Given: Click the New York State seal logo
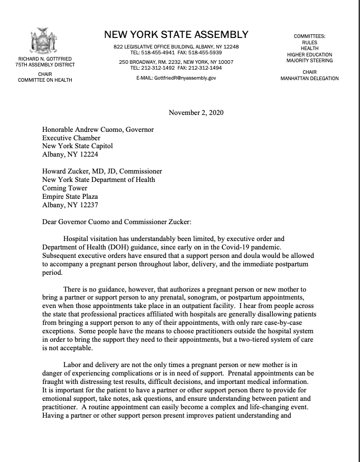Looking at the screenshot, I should [x=45, y=41].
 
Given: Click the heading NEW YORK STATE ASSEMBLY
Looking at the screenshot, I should [x=176, y=35].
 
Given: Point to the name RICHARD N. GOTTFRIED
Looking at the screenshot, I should [x=45, y=59].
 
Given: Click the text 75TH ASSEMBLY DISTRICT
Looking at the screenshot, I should [x=45, y=65].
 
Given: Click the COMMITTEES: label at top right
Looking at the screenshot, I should [x=309, y=36].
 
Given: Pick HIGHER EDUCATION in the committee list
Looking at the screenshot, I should [x=309, y=55].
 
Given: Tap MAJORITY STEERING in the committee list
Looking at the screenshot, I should [x=309, y=61].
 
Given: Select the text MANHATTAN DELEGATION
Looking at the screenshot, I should [x=309, y=79].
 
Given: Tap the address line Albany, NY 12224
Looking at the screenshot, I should [x=70, y=155].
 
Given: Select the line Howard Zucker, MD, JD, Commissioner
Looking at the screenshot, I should [x=102, y=171].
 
